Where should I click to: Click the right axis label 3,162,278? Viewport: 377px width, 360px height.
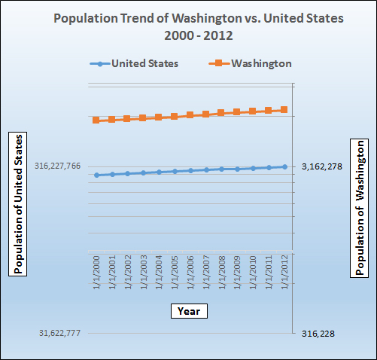[x=322, y=166]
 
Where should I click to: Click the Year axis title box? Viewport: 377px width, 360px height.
[x=189, y=310]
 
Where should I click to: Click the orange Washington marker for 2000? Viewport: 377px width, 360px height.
[x=96, y=120]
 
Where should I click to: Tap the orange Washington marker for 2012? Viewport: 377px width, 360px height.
[x=284, y=110]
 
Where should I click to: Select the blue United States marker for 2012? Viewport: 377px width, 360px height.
[x=284, y=166]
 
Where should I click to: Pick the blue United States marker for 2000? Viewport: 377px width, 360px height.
[x=96, y=175]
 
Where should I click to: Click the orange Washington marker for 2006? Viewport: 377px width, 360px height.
[x=190, y=115]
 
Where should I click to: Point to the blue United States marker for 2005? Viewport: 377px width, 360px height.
[x=175, y=171]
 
